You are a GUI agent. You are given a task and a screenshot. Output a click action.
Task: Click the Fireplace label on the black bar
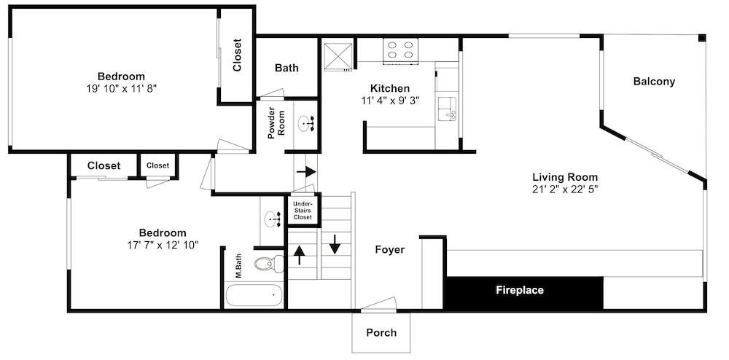click(519, 291)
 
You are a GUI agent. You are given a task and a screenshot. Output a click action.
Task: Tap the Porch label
click(381, 332)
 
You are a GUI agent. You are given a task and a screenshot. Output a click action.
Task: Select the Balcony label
click(654, 82)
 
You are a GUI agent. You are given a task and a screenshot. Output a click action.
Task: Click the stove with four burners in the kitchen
click(400, 50)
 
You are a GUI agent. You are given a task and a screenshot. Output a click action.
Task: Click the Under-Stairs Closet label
click(303, 211)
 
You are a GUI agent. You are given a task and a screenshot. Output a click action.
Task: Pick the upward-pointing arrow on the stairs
click(300, 254)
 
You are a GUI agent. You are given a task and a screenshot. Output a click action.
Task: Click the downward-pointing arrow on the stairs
click(335, 244)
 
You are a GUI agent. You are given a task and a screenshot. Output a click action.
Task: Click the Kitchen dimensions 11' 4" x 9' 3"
click(390, 100)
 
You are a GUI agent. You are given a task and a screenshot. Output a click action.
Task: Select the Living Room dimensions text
click(565, 189)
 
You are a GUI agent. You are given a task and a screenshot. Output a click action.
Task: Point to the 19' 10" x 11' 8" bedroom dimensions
click(121, 87)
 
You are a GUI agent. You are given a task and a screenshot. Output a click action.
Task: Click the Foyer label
click(389, 249)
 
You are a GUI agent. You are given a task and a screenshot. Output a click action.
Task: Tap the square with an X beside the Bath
click(337, 55)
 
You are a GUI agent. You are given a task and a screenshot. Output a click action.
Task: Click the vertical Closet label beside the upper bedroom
click(237, 55)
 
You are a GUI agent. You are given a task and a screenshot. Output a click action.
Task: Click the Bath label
click(286, 68)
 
